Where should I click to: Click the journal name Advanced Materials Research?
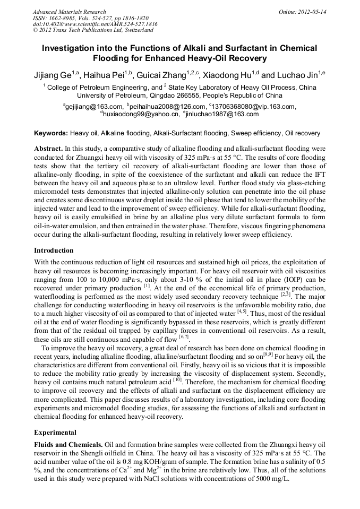69,12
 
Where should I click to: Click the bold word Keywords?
51,133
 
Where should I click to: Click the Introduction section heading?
54,251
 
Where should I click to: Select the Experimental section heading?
55,433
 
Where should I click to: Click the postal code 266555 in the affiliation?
189,96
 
